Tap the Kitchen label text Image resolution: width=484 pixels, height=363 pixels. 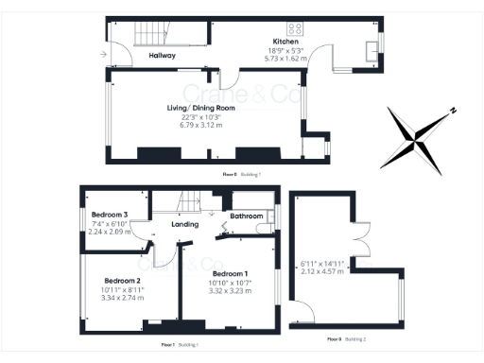click(285, 43)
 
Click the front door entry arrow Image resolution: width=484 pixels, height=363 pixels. click(101, 55)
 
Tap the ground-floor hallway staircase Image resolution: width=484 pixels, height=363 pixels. click(148, 34)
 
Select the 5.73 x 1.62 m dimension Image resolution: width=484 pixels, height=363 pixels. click(285, 59)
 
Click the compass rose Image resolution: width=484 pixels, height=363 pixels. click(416, 141)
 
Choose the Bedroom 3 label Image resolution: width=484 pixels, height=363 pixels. click(109, 214)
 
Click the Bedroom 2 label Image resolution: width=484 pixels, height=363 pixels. click(122, 281)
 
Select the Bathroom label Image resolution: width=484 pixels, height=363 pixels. click(247, 216)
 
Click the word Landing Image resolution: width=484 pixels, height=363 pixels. click(184, 225)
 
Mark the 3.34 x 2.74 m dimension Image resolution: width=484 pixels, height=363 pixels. click(122, 297)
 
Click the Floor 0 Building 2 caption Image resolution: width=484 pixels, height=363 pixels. click(346, 337)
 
